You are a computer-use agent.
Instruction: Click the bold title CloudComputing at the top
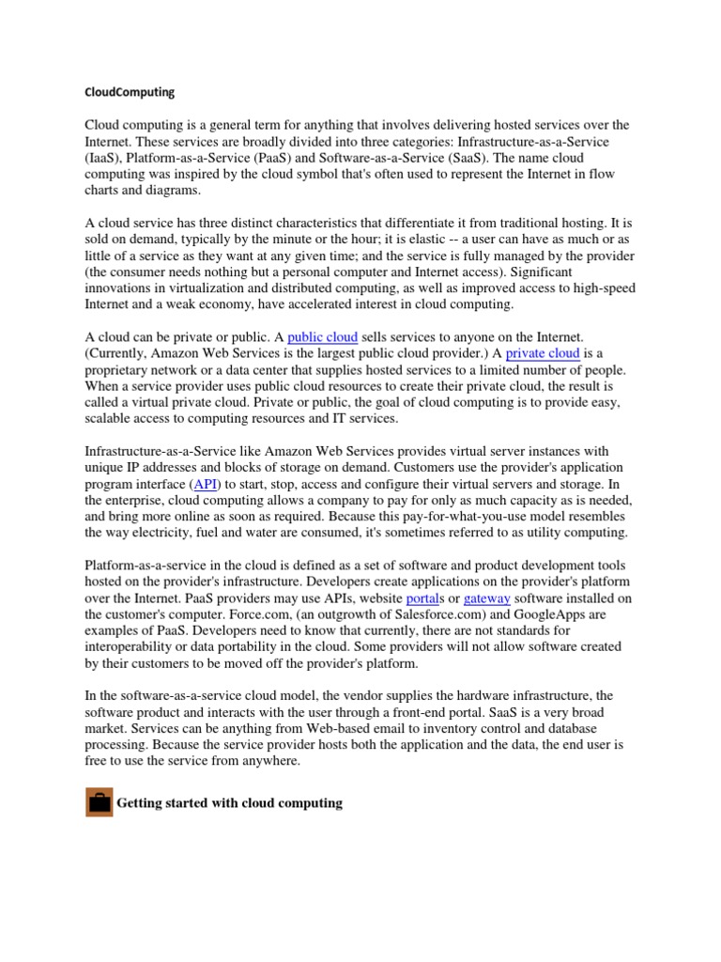[x=130, y=93]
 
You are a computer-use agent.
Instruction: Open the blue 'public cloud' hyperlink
[x=322, y=336]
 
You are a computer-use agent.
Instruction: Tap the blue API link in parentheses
[x=206, y=483]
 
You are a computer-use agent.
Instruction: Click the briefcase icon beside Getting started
[x=99, y=803]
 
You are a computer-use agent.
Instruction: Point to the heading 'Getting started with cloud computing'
[x=229, y=803]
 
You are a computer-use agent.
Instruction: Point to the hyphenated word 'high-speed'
[x=603, y=288]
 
